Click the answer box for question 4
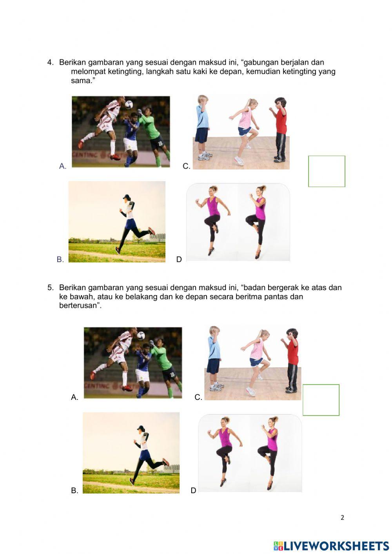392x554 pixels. point(327,171)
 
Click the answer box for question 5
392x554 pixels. point(321,400)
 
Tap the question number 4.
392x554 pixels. point(50,62)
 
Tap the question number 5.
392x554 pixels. point(50,288)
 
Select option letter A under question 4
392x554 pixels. point(63,166)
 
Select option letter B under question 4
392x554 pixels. point(60,260)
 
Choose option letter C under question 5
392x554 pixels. point(198,397)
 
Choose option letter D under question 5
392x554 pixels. point(193,490)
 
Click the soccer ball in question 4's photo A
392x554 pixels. point(129,104)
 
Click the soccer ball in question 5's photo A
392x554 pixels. point(140,336)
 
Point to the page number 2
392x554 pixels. point(342,518)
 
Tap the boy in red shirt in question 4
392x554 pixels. point(279,129)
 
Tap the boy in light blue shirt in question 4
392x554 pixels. point(202,127)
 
